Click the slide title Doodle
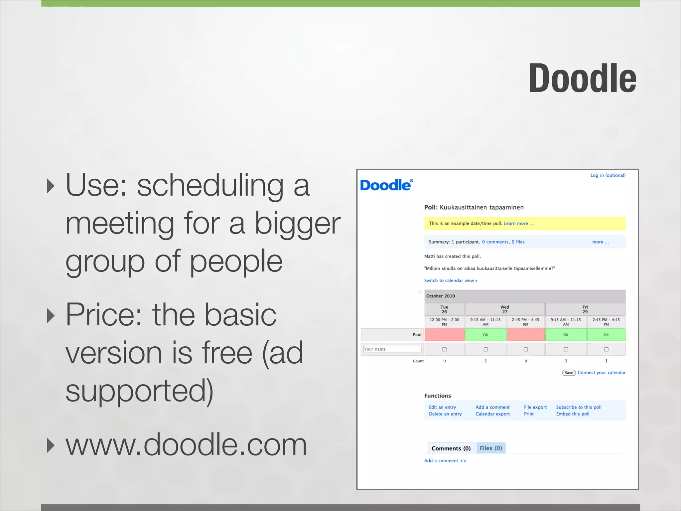tap(582, 79)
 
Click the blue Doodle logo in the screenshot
tap(386, 185)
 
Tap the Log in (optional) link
tap(608, 175)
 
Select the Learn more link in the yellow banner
tap(518, 224)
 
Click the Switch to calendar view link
tap(451, 280)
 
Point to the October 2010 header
tap(441, 296)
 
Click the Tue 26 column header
tap(444, 309)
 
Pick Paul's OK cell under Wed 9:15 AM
tap(485, 335)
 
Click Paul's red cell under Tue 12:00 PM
tap(444, 335)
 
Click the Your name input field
tap(392, 349)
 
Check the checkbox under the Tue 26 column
tap(444, 349)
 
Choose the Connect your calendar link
tap(601, 373)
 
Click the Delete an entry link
tap(445, 414)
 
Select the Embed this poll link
tap(573, 414)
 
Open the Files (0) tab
tap(491, 448)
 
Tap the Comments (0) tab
tap(451, 448)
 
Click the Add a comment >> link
tap(445, 461)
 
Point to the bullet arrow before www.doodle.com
tap(51, 445)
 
